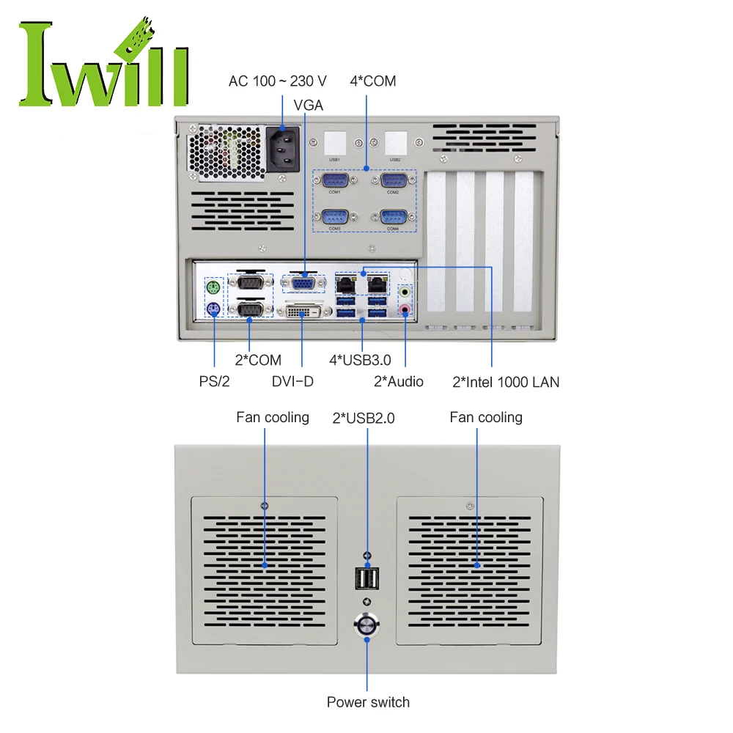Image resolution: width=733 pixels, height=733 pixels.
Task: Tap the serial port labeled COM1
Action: pyautogui.click(x=334, y=181)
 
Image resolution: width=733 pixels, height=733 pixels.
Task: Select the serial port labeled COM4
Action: pyautogui.click(x=393, y=217)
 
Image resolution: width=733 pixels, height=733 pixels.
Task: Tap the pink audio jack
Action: pyautogui.click(x=405, y=309)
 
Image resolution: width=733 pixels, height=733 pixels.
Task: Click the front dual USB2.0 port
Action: pyautogui.click(x=366, y=580)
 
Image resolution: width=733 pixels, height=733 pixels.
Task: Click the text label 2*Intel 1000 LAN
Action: pyautogui.click(x=506, y=381)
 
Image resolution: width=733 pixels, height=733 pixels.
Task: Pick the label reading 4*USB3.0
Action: pyautogui.click(x=360, y=360)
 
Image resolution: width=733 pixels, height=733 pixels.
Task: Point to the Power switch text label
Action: pyautogui.click(x=368, y=702)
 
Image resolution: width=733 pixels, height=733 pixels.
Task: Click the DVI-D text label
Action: pyautogui.click(x=292, y=381)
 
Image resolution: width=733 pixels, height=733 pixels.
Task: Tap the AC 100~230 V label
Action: pyautogui.click(x=278, y=81)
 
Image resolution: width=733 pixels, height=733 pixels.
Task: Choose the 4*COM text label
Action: pyautogui.click(x=372, y=81)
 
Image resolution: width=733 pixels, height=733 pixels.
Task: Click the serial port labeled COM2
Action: pyautogui.click(x=393, y=181)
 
